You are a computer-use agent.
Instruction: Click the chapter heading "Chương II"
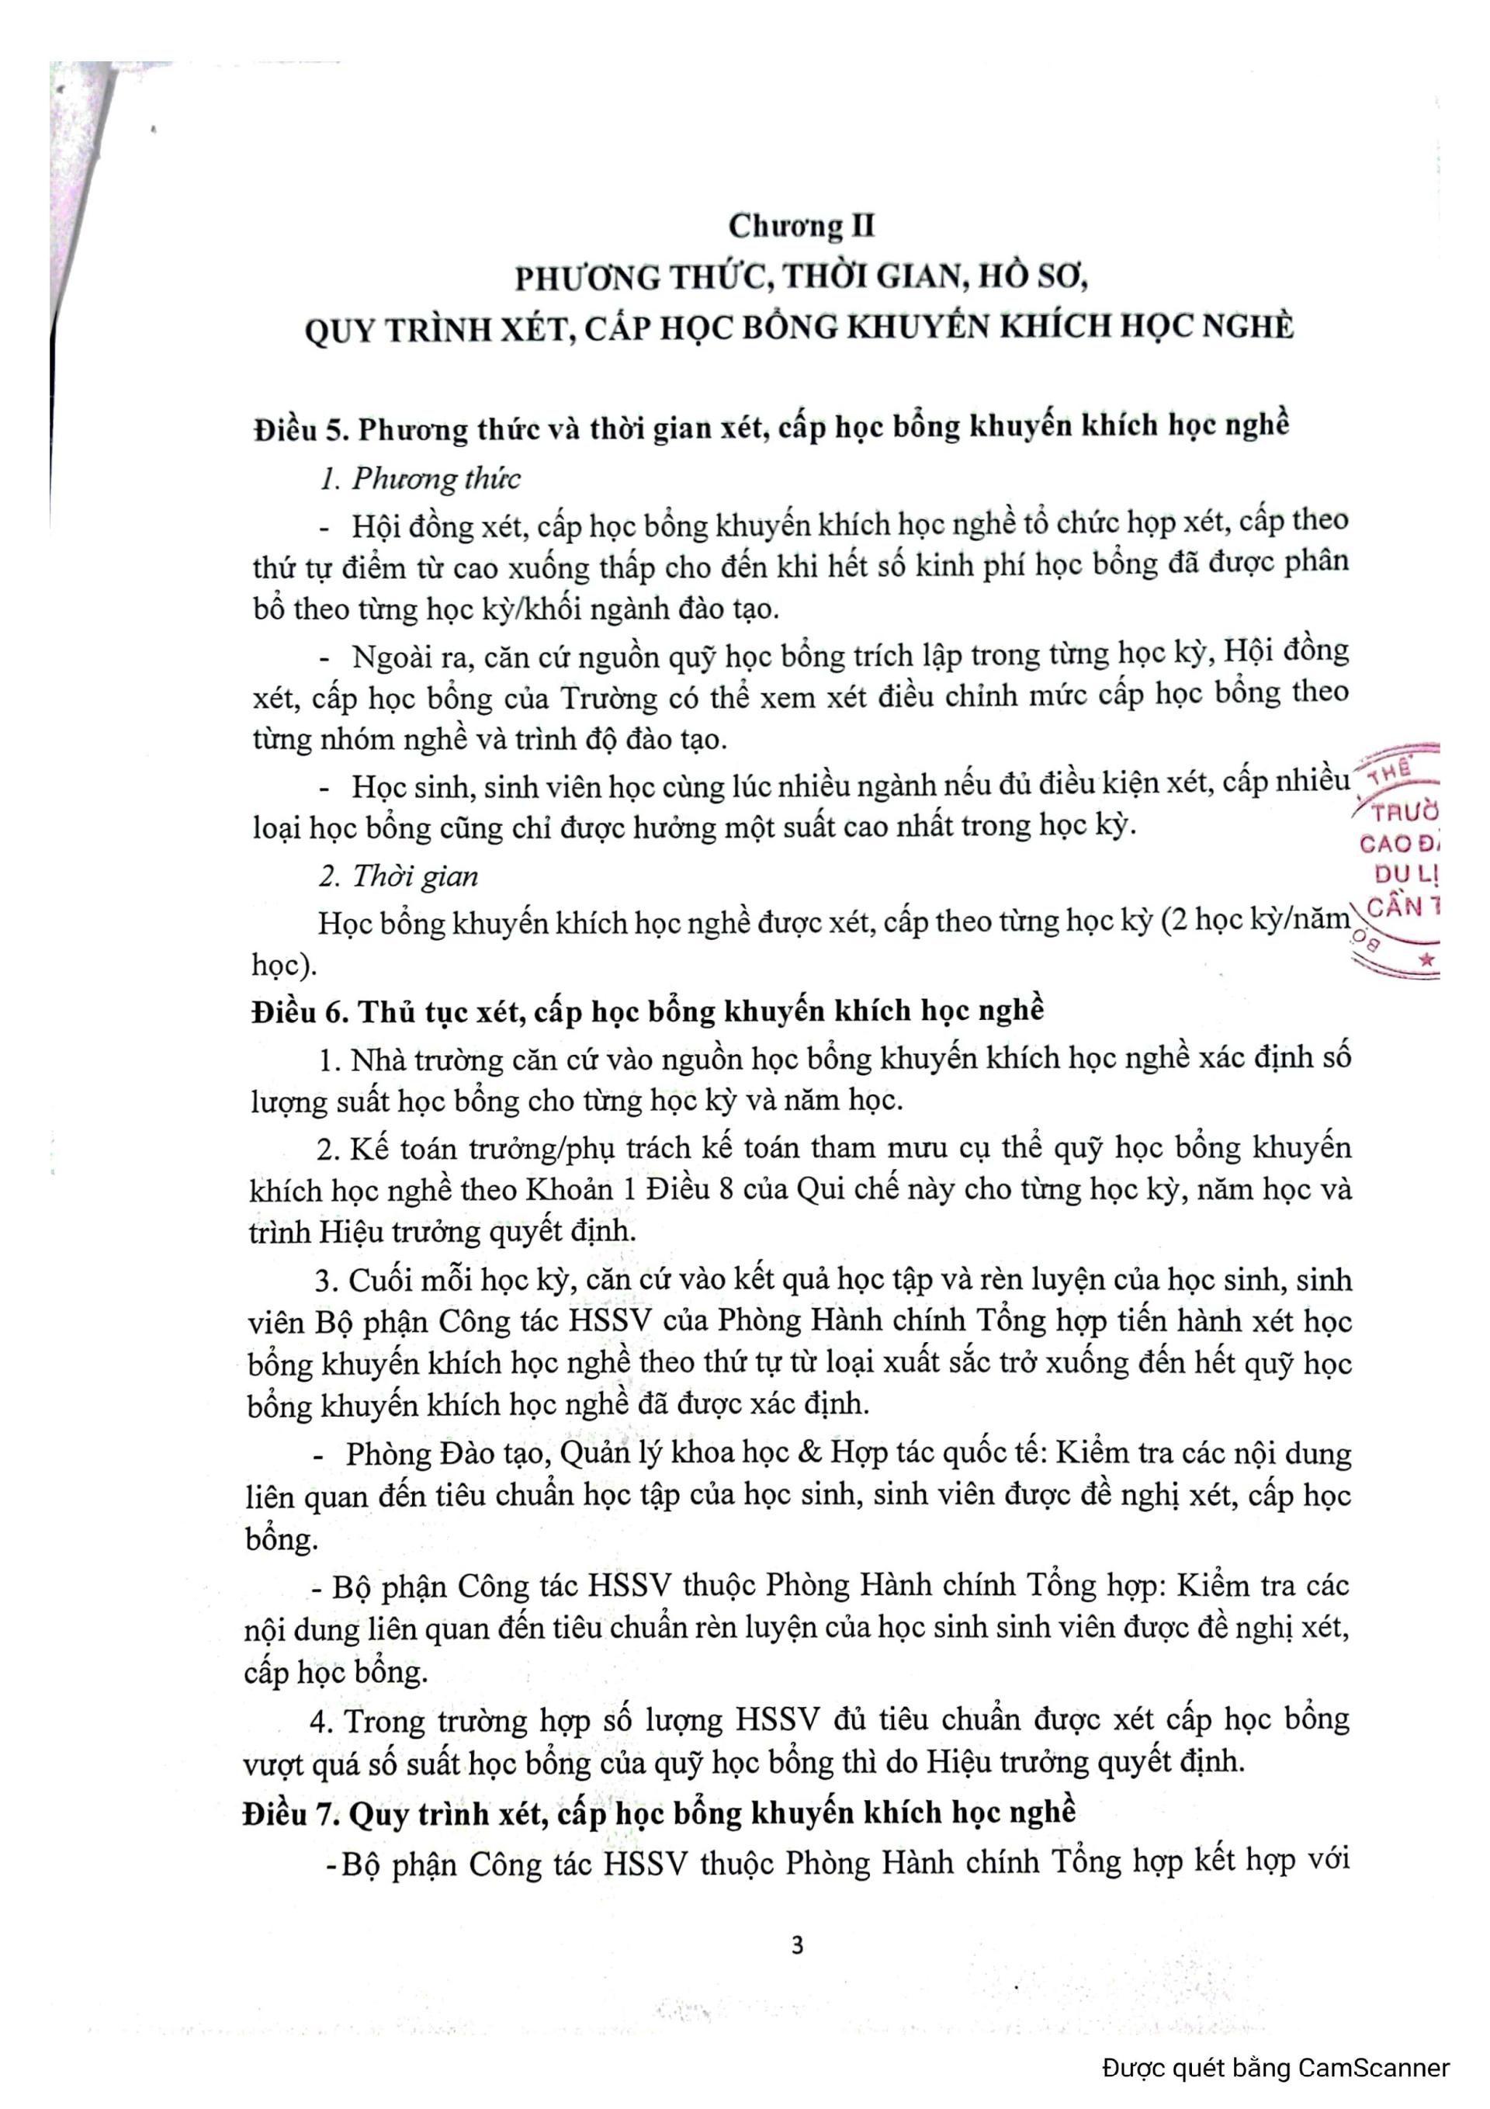pos(801,226)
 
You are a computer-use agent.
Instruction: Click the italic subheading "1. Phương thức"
pos(419,479)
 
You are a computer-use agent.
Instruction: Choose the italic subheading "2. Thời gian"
pos(398,876)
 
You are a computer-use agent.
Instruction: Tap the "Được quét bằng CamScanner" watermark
pos(1275,2068)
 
